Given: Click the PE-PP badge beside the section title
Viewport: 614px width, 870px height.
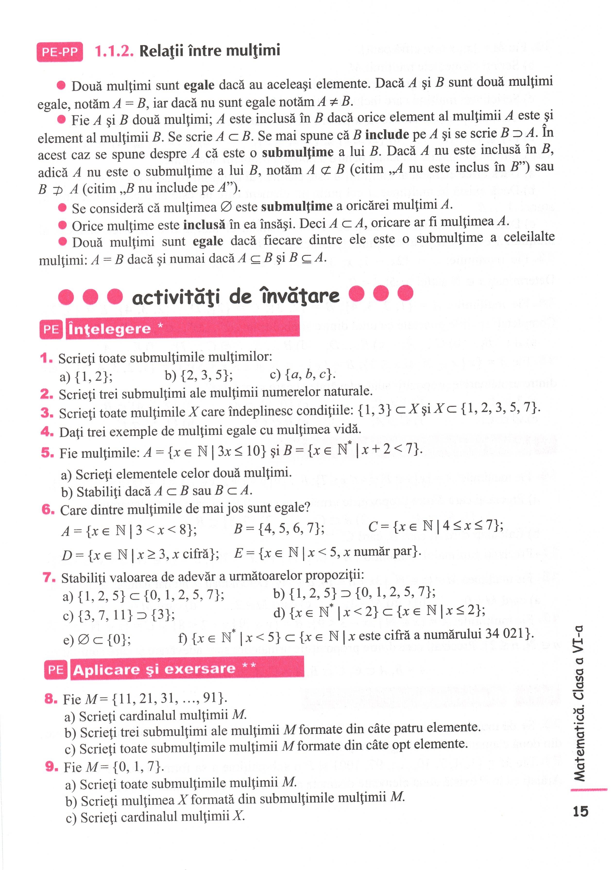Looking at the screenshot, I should click(x=60, y=52).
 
